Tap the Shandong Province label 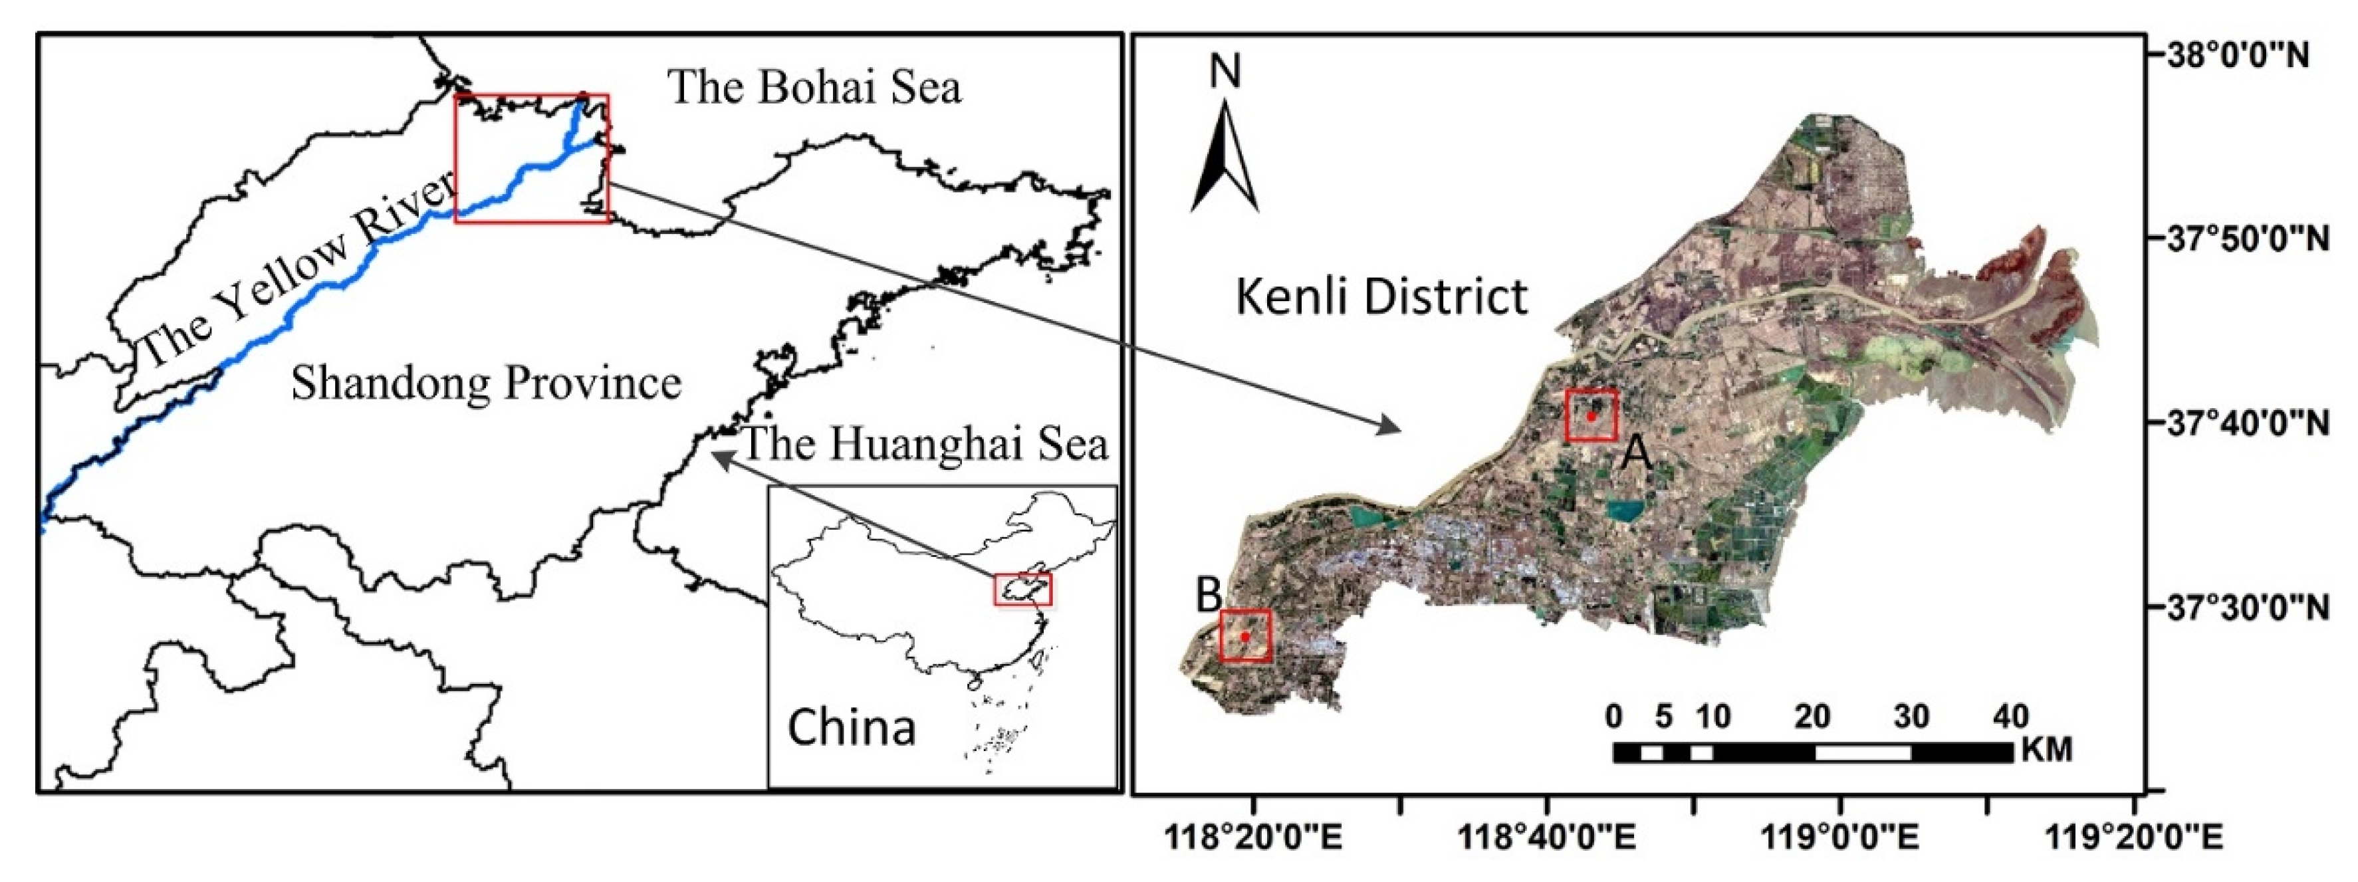click(486, 382)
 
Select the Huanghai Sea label click(925, 445)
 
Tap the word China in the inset click(852, 728)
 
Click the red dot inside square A click(1592, 416)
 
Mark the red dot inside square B click(1245, 636)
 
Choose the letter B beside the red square click(1209, 596)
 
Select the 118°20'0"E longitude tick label click(1253, 836)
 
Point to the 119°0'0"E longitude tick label click(1840, 836)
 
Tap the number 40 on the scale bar click(2010, 717)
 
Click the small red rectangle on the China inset click(1022, 590)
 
